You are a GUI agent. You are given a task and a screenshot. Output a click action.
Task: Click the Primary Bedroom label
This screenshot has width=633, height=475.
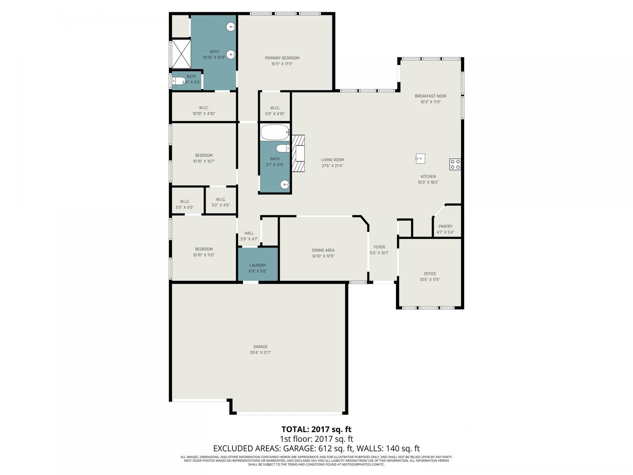282,58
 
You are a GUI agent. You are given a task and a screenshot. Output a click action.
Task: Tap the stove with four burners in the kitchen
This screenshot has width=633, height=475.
455,164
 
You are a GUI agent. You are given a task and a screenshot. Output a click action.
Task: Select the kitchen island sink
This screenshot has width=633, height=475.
420,158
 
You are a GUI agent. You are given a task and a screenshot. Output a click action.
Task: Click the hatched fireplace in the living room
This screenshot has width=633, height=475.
298,153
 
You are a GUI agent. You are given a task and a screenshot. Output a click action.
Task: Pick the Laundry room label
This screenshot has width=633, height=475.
257,265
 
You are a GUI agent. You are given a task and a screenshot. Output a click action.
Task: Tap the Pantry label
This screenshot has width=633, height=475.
445,226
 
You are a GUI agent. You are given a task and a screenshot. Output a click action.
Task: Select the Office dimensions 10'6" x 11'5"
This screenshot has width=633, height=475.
430,279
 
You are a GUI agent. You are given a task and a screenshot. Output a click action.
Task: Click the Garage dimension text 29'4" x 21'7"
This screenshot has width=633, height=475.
260,352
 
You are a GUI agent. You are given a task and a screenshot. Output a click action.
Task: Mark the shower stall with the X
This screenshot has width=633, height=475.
181,54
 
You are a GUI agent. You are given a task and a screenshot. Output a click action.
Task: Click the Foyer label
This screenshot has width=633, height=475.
379,247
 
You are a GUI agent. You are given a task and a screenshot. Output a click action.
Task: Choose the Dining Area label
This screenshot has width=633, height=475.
323,250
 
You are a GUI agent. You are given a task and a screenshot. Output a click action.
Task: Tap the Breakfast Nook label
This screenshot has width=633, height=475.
430,96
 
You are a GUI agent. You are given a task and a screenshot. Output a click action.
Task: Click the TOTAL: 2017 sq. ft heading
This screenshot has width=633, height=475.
316,429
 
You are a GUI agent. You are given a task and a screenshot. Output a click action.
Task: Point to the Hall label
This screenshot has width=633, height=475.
249,233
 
